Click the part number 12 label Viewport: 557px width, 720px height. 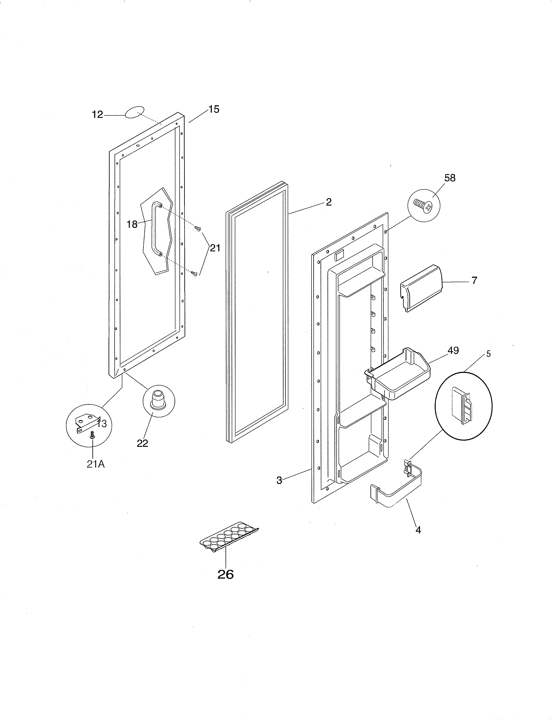97,115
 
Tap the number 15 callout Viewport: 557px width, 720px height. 214,109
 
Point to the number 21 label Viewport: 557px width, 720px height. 215,248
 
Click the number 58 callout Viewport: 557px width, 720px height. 450,178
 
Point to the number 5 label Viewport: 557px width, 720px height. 488,354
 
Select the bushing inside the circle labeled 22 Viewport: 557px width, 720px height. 159,399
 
